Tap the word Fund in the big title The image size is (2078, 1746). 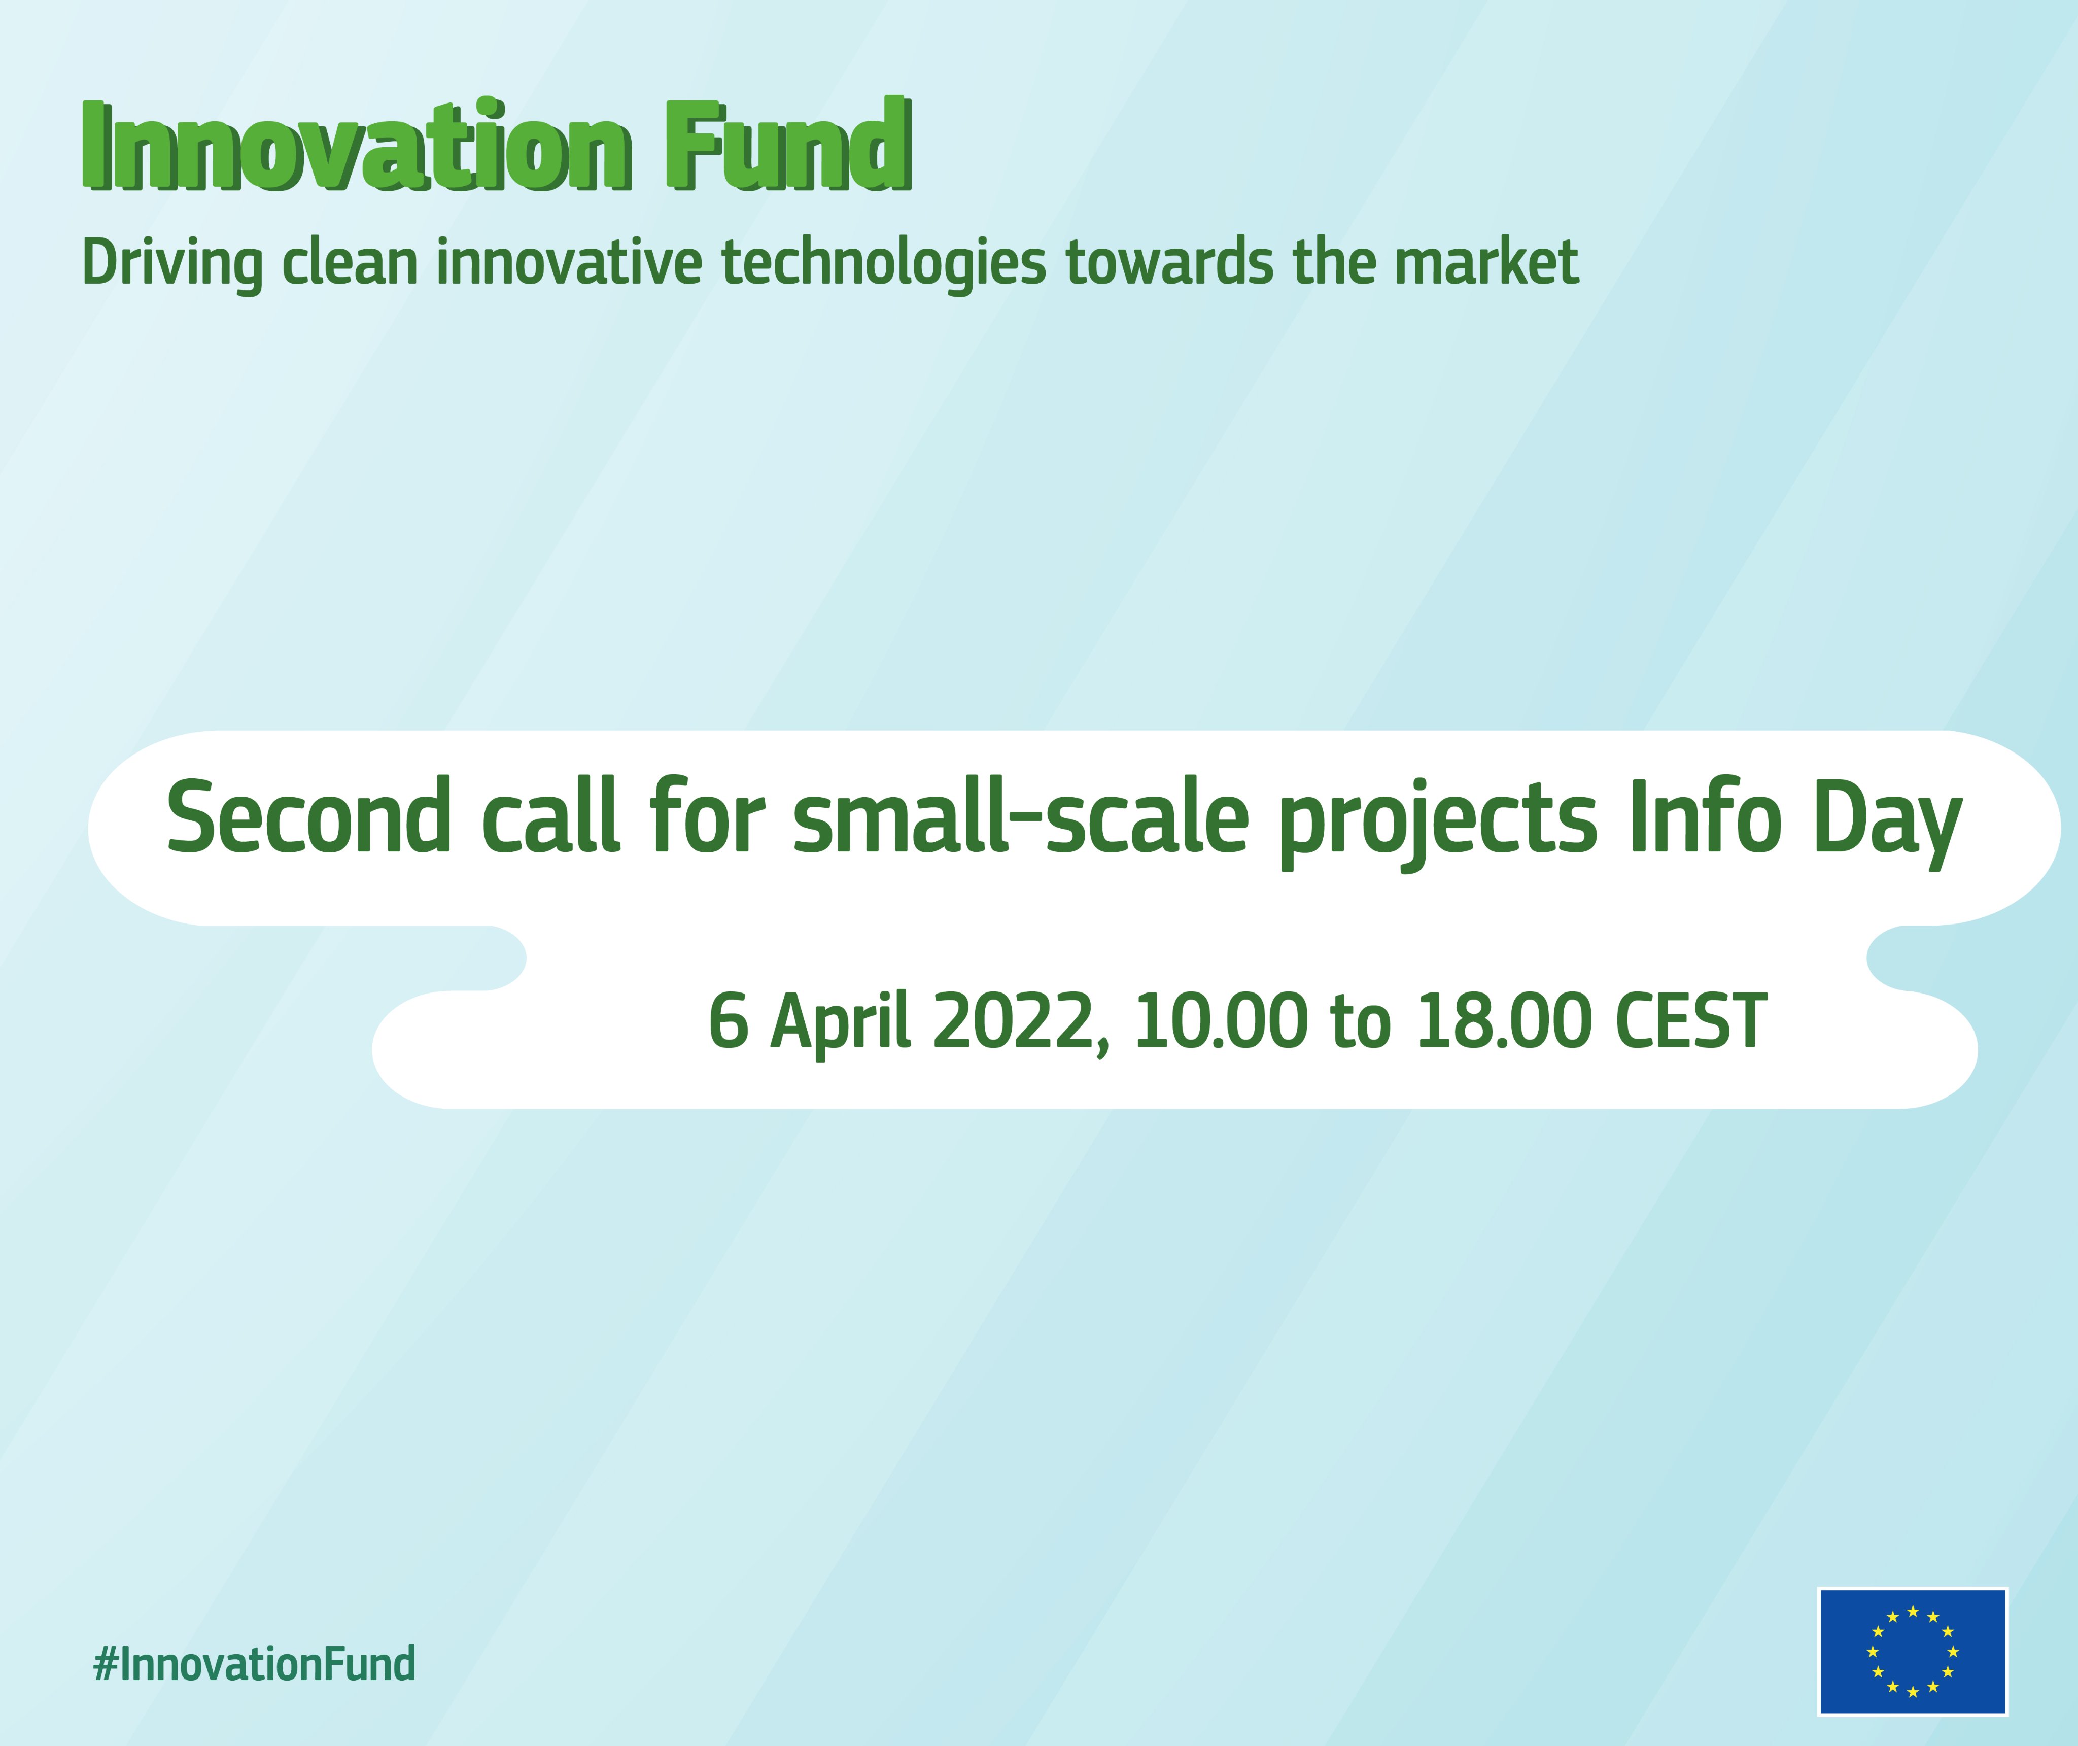(787, 147)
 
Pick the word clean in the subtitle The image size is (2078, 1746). (350, 263)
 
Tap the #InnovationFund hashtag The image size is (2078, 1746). (254, 1664)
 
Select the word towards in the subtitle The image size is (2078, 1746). (1169, 263)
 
